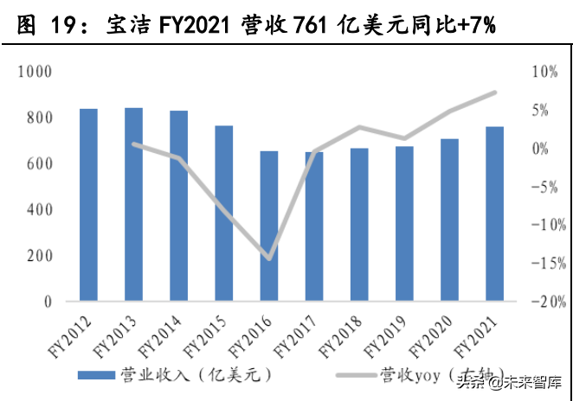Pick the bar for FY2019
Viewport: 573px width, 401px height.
pos(404,224)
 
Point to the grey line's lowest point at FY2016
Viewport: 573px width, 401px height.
pos(268,258)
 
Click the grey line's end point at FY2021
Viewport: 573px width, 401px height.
pos(495,92)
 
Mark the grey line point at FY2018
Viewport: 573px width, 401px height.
pos(359,127)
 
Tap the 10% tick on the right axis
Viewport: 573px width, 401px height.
pos(545,73)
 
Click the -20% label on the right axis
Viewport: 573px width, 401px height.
pos(548,302)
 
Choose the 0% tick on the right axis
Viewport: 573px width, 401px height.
pos(542,150)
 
